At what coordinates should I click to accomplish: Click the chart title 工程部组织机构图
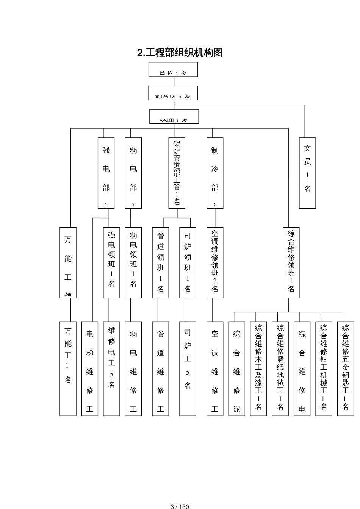(180, 52)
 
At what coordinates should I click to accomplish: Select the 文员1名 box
(307, 173)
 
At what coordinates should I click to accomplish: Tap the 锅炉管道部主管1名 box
(177, 173)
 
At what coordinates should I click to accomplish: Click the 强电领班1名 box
(111, 262)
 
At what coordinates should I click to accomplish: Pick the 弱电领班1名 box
(133, 262)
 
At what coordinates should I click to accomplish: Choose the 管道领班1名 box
(161, 262)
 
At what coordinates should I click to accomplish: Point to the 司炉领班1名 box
(188, 262)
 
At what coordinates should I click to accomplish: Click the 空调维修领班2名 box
(215, 262)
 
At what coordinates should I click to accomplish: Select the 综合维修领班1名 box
(291, 262)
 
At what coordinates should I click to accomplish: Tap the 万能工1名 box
(68, 368)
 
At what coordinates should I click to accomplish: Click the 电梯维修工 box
(90, 368)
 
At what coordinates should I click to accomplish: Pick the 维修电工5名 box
(111, 368)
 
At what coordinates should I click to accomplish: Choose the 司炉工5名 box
(188, 368)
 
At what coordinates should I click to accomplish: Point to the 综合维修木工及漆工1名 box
(258, 368)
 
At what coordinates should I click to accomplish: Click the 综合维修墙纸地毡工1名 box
(280, 368)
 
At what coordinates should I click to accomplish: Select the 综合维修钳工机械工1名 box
(324, 368)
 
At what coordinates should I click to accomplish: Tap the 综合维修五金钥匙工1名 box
(345, 368)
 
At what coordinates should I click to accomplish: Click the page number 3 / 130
(180, 506)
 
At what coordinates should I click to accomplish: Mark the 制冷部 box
(215, 173)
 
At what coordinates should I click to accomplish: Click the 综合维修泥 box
(237, 368)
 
